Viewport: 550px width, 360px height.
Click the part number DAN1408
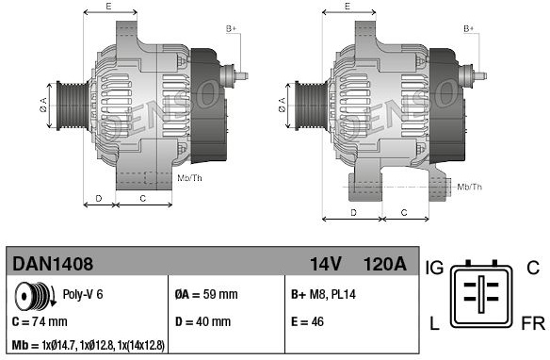[53, 264]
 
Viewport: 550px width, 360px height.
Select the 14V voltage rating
[325, 264]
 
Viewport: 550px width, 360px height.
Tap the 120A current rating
[385, 264]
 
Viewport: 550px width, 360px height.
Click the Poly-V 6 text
[83, 294]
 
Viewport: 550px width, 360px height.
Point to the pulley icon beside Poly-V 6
[35, 296]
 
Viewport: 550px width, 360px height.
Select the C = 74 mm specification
[40, 321]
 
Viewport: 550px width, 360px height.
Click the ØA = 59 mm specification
[206, 294]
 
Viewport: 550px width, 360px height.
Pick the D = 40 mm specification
[202, 321]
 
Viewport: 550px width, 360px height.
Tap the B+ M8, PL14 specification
[323, 294]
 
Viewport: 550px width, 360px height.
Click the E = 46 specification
[307, 321]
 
